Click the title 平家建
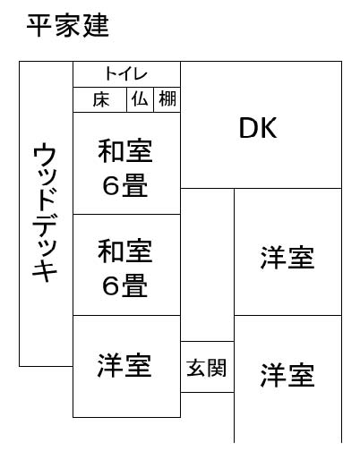68,26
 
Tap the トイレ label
126,74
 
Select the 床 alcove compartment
100,99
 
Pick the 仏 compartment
141,99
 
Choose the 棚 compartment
167,99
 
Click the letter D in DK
248,128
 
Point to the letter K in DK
269,128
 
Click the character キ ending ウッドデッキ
45,271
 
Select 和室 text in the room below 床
125,150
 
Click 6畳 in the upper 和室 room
125,185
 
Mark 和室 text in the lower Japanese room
125,251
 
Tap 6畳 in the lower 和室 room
125,285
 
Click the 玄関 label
207,368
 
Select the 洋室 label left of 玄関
124,365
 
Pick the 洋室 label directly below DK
287,258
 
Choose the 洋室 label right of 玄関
287,375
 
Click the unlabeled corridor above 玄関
207,265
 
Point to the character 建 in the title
96,26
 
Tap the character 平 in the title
39,26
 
